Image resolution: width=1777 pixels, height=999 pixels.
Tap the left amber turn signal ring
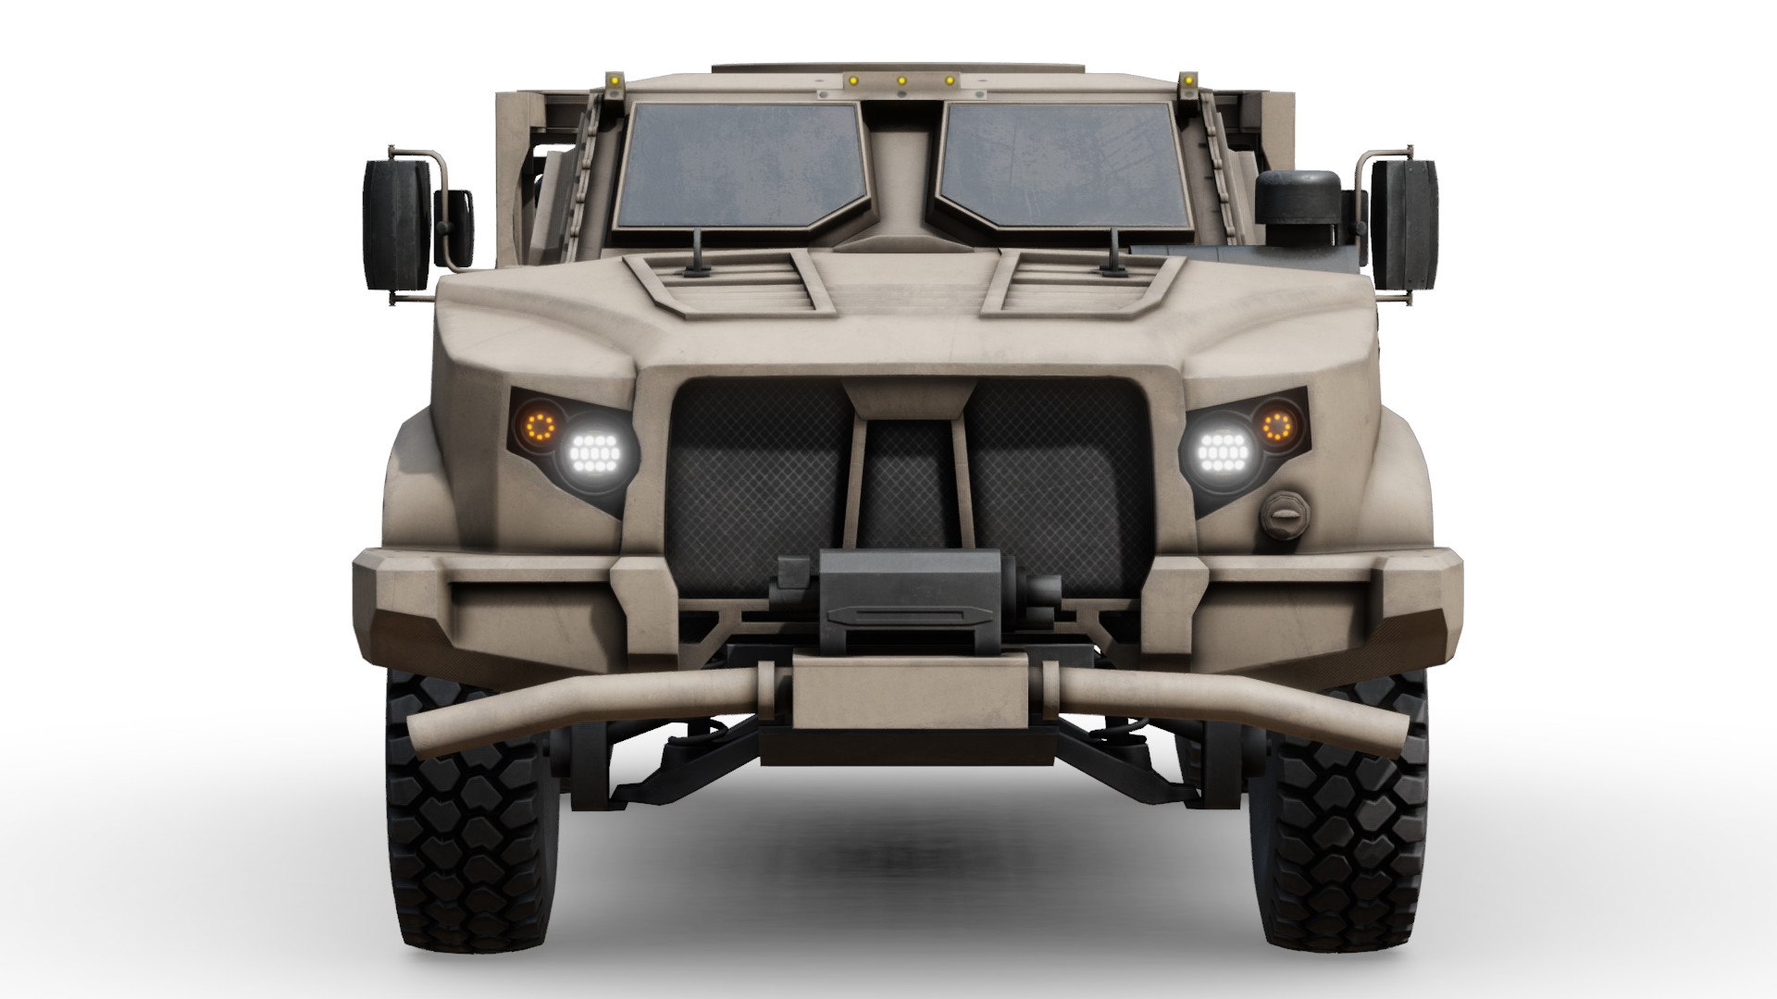click(x=540, y=425)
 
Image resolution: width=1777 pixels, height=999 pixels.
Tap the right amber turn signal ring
click(x=1278, y=425)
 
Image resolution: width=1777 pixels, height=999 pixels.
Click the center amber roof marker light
click(x=901, y=80)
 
